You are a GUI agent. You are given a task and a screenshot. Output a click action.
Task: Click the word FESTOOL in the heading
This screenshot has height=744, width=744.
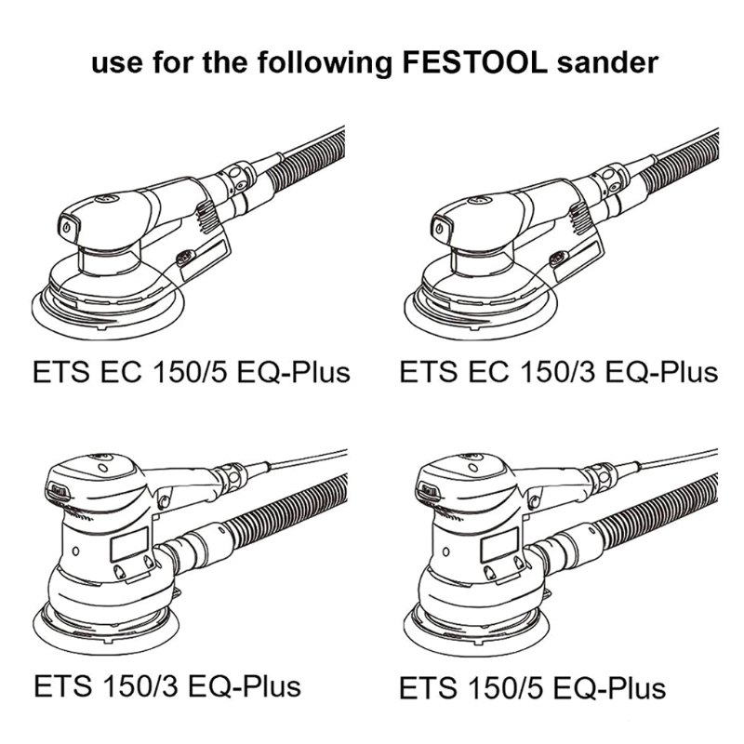pos(474,62)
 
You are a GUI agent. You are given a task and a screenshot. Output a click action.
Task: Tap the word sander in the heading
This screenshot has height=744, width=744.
pos(608,63)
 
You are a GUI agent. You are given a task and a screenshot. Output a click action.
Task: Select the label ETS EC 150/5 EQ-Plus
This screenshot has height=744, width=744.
pos(192,372)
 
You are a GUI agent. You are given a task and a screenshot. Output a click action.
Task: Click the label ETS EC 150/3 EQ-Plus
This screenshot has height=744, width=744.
pos(559,372)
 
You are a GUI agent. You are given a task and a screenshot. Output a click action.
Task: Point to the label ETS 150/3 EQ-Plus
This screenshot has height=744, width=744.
pos(167,686)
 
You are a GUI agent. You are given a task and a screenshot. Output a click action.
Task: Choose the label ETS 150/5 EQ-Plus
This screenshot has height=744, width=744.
pos(532,688)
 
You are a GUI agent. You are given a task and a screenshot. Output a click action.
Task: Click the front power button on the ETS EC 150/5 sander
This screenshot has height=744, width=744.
pos(67,228)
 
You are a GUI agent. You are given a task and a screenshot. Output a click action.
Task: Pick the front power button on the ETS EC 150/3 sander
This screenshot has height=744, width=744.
pos(440,228)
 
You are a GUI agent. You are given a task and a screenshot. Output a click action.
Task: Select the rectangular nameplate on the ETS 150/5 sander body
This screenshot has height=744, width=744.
pos(499,544)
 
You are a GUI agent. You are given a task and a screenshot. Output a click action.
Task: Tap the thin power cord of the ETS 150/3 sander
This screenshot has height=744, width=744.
pos(308,459)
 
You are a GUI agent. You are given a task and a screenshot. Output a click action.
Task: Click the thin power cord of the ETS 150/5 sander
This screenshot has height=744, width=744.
pos(678,459)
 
